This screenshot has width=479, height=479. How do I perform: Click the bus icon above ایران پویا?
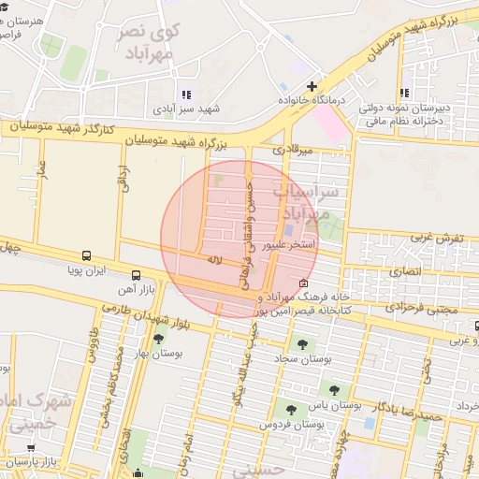click(x=86, y=254)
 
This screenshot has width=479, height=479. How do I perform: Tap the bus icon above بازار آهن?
click(x=137, y=275)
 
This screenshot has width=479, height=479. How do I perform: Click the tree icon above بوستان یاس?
click(x=333, y=390)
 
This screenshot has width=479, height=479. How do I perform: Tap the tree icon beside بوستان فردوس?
click(x=291, y=409)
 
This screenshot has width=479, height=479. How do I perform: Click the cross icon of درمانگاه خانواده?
click(x=312, y=86)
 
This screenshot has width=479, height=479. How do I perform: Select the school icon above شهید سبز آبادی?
click(x=185, y=94)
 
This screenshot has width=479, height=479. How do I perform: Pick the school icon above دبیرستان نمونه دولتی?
click(x=404, y=93)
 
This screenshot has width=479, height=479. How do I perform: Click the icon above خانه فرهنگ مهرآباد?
click(x=301, y=283)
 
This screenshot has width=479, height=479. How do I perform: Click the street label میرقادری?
click(x=290, y=148)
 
